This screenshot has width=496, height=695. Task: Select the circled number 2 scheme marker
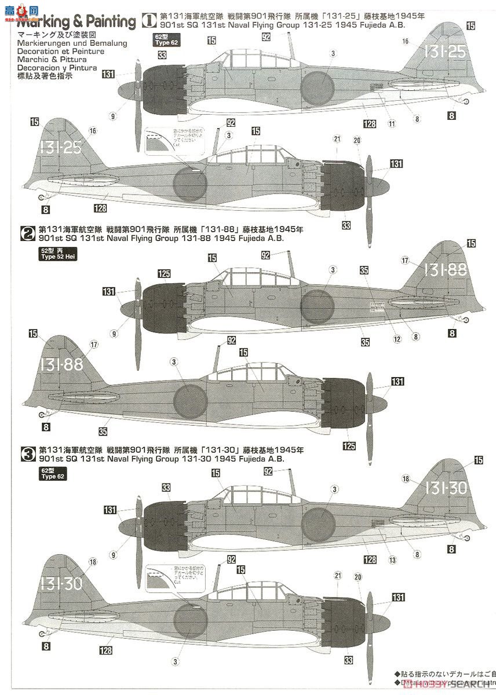[27, 233]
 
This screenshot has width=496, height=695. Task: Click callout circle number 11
[392, 123]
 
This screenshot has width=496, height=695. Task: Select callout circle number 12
[397, 339]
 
